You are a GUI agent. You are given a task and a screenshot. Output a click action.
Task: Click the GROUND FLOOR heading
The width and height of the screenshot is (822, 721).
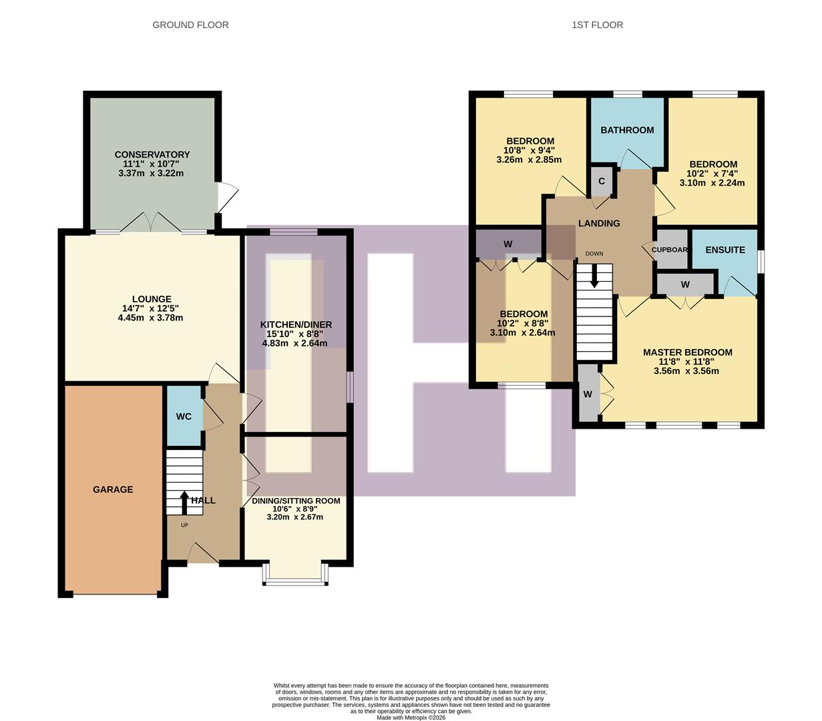point(190,25)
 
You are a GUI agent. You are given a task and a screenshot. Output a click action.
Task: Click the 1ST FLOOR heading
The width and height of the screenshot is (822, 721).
point(597,25)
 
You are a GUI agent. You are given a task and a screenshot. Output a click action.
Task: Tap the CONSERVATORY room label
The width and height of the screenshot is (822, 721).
point(152,155)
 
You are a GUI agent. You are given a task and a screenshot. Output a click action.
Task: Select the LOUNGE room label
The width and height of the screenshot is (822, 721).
point(152,299)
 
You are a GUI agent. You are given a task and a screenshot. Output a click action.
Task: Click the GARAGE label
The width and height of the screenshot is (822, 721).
point(113,489)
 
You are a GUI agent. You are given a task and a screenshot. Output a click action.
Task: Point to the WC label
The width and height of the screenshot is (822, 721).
point(184,417)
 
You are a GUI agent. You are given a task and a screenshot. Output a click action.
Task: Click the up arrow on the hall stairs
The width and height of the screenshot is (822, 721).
point(184,502)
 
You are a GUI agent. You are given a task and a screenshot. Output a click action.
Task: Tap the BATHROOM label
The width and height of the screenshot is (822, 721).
point(627,130)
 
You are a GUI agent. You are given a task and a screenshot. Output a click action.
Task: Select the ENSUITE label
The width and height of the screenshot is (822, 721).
point(725,250)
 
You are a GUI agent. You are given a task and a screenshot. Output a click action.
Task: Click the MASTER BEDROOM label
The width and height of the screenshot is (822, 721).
point(687,352)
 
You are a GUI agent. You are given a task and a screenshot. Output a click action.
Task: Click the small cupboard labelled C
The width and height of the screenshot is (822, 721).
point(602,181)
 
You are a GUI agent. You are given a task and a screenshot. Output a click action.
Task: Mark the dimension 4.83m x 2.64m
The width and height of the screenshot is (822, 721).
point(295,344)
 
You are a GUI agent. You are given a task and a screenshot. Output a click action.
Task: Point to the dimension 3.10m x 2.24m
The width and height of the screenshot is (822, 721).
point(712,183)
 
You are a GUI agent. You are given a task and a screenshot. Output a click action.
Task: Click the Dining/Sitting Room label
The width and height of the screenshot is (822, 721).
point(295,501)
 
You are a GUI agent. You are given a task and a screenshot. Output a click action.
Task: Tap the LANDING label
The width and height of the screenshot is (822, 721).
point(599,224)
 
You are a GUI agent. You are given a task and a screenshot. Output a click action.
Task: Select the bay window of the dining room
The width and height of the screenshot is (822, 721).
point(296,574)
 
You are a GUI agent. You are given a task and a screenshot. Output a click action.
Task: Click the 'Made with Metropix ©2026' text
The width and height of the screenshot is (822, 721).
point(411,718)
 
